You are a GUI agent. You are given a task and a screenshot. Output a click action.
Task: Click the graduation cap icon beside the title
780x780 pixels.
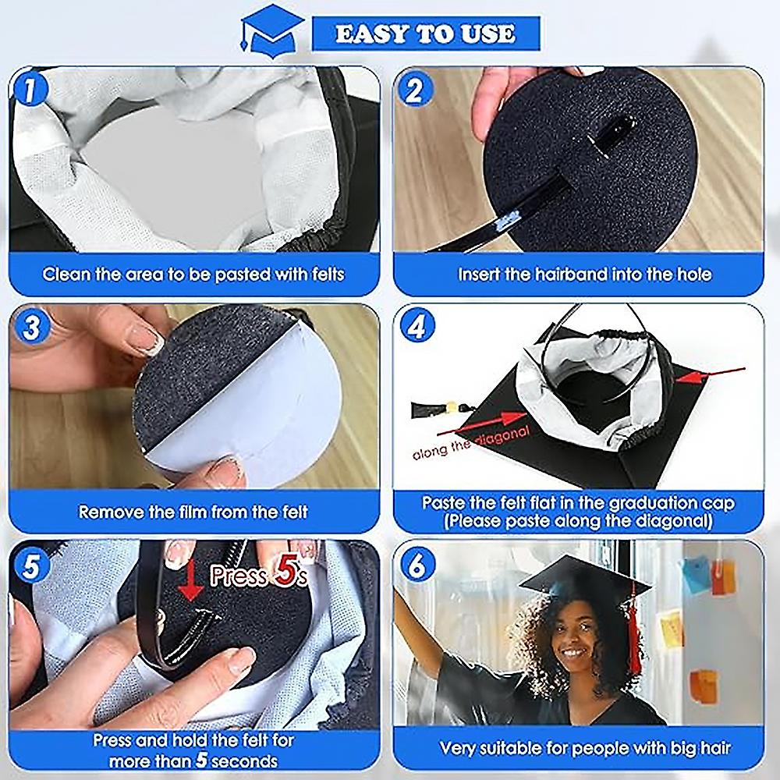[x=272, y=30]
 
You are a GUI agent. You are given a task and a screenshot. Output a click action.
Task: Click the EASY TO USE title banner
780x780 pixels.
[x=425, y=34]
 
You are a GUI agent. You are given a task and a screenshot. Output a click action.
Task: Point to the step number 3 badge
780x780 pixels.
[x=30, y=327]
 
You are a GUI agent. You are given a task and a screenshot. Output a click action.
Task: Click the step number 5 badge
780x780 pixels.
[x=30, y=565]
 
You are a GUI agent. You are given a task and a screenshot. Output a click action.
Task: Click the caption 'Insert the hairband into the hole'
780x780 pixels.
[x=584, y=274]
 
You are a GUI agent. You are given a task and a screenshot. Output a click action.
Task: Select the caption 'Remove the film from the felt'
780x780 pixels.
[x=193, y=512]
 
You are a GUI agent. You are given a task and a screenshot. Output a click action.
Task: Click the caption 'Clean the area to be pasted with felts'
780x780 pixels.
[x=193, y=274]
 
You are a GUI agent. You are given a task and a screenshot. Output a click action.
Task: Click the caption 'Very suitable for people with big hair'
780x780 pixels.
[x=585, y=749]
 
